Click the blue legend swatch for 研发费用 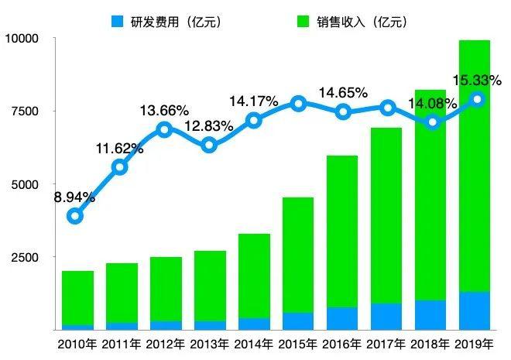tap(118, 22)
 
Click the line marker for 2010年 tap(75, 216)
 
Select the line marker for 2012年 tap(164, 129)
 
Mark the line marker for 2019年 tap(478, 99)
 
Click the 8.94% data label tap(74, 197)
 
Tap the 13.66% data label tap(164, 110)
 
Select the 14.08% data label tap(433, 104)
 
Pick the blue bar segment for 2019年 tap(475, 310)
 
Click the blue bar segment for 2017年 tap(386, 316)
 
